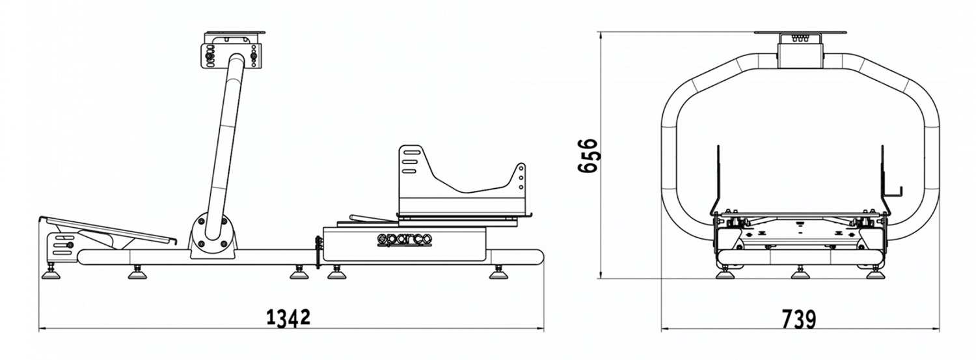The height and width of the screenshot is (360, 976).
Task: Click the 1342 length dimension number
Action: [288, 318]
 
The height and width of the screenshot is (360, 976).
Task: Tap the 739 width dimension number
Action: [798, 319]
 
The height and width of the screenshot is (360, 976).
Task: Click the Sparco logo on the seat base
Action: [404, 240]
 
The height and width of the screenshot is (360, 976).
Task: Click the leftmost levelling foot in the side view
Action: [51, 273]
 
